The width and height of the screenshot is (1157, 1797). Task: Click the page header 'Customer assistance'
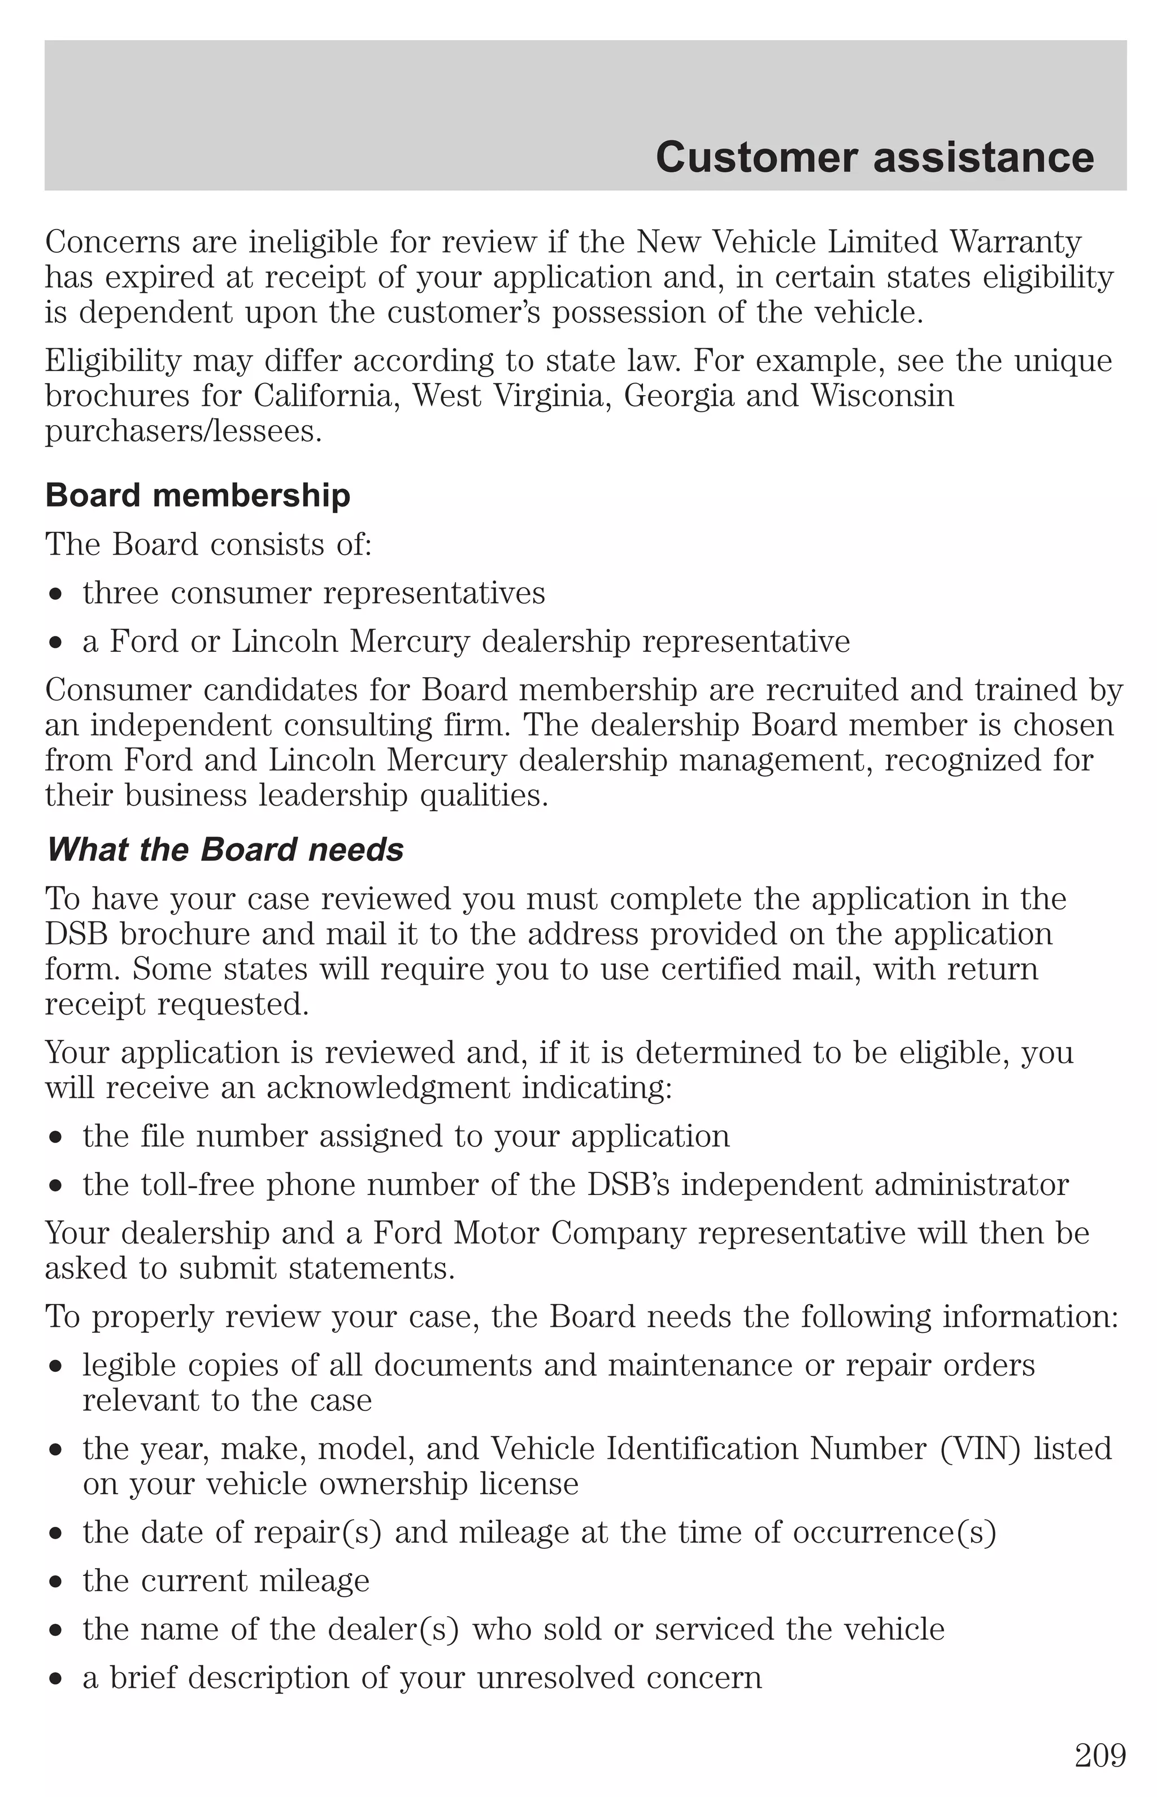(875, 158)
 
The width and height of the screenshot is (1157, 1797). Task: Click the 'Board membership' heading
(198, 496)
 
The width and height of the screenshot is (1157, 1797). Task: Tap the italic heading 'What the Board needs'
(225, 850)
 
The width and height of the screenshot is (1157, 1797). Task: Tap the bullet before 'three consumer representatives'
(55, 595)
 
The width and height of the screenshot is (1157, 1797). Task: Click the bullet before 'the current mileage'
(55, 1583)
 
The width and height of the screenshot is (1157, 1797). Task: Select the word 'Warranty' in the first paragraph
(1016, 242)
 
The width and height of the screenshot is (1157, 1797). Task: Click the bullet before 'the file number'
(55, 1138)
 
